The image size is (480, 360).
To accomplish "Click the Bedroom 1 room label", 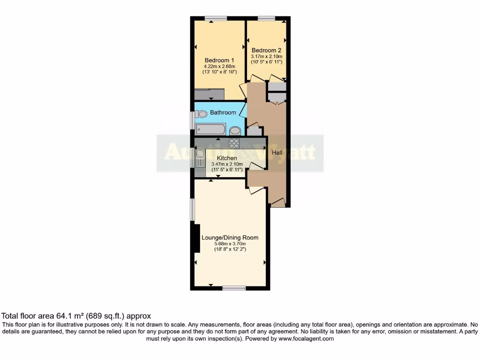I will pyautogui.click(x=219, y=60).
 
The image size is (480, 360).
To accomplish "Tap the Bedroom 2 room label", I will pyautogui.click(x=266, y=50).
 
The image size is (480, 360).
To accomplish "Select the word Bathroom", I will pyautogui.click(x=223, y=112).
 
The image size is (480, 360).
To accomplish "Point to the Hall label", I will pyautogui.click(x=277, y=153).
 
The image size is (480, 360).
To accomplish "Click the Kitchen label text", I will pyautogui.click(x=226, y=158).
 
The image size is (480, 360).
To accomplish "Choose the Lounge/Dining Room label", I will pyautogui.click(x=230, y=238).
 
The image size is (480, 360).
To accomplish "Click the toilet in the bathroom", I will pyautogui.click(x=202, y=114).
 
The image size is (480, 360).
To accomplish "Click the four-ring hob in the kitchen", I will pyautogui.click(x=234, y=143).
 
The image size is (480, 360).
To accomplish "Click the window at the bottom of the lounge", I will pyautogui.click(x=233, y=288).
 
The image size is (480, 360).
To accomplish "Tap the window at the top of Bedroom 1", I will pyautogui.click(x=216, y=18).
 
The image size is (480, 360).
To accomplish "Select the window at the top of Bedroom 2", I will pyautogui.click(x=266, y=18).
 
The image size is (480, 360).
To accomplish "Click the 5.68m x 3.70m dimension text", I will pyautogui.click(x=230, y=244).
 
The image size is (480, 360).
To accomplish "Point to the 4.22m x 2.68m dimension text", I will pyautogui.click(x=219, y=66).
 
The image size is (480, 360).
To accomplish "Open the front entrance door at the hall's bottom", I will pyautogui.click(x=278, y=203).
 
